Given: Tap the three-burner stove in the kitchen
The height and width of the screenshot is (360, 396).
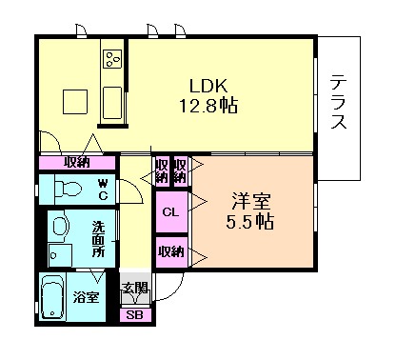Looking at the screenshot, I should [112, 59].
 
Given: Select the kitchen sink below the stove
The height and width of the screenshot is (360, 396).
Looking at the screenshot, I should [111, 99].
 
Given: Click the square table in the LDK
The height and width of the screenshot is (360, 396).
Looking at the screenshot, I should [76, 101].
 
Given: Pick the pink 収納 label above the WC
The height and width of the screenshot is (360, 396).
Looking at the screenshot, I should [78, 161].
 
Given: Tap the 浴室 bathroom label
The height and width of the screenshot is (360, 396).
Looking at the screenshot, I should [88, 297].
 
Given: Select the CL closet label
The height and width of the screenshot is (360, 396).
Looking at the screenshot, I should [170, 212].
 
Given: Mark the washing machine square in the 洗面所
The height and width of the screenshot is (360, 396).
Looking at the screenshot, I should [61, 255].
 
